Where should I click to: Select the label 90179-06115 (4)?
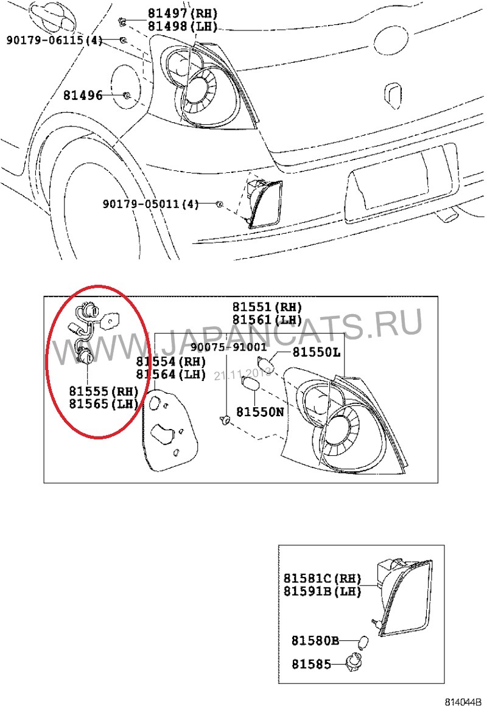tap(54, 40)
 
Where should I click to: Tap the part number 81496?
tap(82, 96)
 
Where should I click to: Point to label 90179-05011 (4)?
tap(150, 203)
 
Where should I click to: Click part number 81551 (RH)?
tap(267, 307)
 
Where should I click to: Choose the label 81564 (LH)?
tap(171, 374)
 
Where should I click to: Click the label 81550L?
tap(317, 352)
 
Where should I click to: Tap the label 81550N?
tap(260, 412)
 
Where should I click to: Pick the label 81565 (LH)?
tap(103, 403)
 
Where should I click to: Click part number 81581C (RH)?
tap(322, 578)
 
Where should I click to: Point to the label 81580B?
tap(315, 641)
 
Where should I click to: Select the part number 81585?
tap(311, 664)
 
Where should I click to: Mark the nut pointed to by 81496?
tap(126, 96)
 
